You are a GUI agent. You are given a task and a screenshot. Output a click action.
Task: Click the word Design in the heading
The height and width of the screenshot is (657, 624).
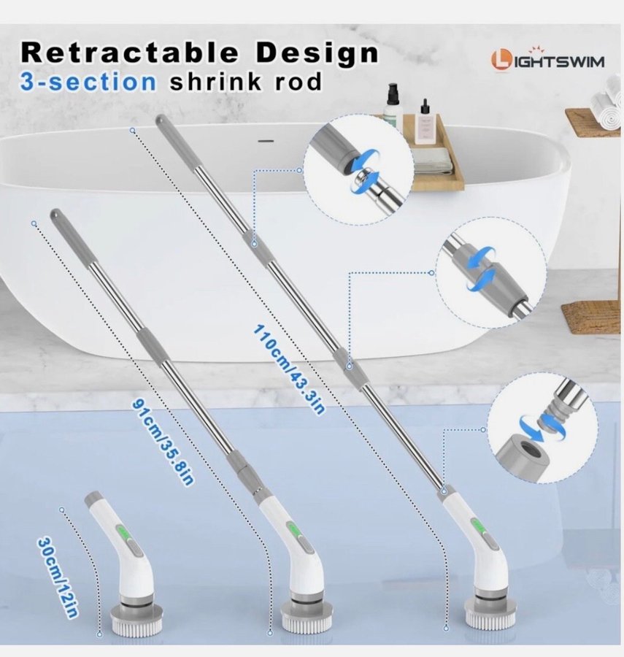point(317,53)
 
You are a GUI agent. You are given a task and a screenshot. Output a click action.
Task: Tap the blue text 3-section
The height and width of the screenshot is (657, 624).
point(88,82)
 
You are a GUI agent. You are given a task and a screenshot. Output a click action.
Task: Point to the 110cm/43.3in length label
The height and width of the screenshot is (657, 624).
point(289,369)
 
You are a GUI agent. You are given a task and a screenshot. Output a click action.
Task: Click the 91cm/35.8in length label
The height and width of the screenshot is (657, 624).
point(163,442)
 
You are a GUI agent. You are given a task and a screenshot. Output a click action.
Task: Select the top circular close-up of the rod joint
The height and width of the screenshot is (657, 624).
point(358,169)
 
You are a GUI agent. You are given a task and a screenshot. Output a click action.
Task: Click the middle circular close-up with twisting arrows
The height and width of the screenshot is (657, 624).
point(490,273)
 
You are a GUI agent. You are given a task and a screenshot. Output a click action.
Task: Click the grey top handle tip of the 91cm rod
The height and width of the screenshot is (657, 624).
point(58,217)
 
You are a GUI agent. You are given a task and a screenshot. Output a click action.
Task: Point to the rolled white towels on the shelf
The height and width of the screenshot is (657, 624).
point(606,101)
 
